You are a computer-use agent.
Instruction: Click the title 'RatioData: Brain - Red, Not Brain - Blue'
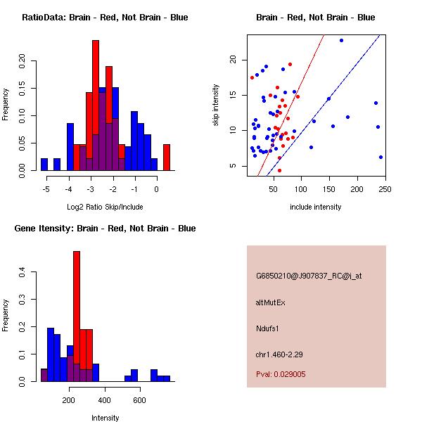pyautogui.click(x=104, y=17)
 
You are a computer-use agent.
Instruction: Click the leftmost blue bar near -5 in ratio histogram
pyautogui.click(x=44, y=164)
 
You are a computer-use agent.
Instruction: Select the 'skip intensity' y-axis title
pyautogui.click(x=216, y=105)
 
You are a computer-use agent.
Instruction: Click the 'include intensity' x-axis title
pyautogui.click(x=316, y=207)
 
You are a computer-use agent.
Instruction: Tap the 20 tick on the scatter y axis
pyautogui.click(x=231, y=60)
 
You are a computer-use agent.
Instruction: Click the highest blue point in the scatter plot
pyautogui.click(x=341, y=40)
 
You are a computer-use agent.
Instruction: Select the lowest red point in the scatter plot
pyautogui.click(x=279, y=170)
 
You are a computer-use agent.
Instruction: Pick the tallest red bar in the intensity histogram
pyautogui.click(x=76, y=316)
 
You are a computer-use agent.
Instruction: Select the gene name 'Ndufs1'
pyautogui.click(x=267, y=328)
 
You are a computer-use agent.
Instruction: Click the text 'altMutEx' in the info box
pyautogui.click(x=271, y=302)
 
